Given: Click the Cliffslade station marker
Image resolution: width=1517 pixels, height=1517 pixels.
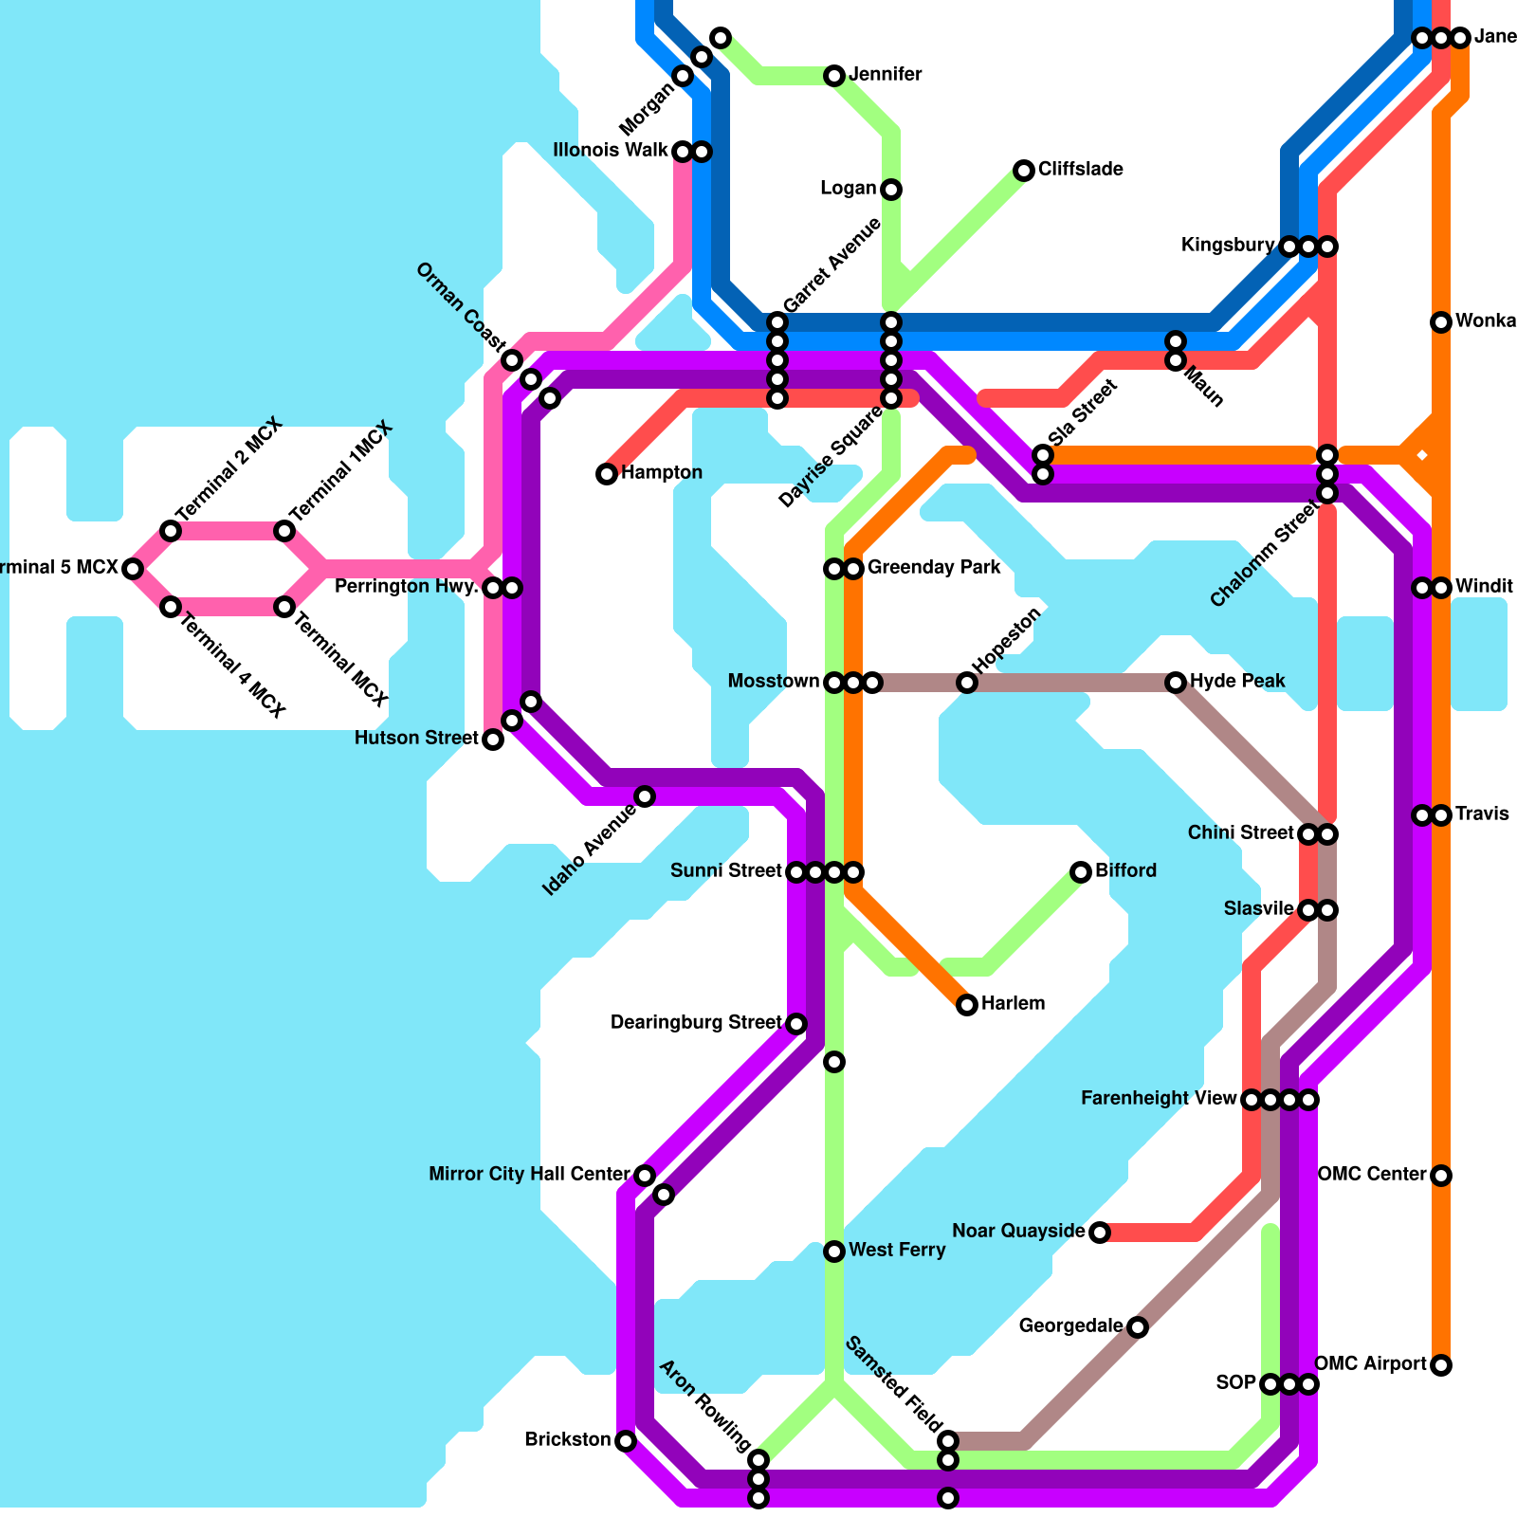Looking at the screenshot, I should pyautogui.click(x=1023, y=171).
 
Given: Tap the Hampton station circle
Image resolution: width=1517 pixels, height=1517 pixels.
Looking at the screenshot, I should pyautogui.click(x=607, y=474).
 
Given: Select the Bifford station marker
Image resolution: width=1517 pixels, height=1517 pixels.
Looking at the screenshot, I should pyautogui.click(x=1080, y=872).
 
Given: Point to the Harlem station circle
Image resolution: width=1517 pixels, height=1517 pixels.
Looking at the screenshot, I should pyautogui.click(x=966, y=1005).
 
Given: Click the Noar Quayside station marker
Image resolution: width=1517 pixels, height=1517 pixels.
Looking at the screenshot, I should pyautogui.click(x=1099, y=1233).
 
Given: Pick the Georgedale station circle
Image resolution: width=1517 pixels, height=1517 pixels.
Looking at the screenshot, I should pyautogui.click(x=1138, y=1327).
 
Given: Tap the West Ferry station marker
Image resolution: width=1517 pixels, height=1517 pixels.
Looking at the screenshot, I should pyautogui.click(x=834, y=1252).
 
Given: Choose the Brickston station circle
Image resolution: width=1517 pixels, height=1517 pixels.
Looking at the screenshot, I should pyautogui.click(x=626, y=1441).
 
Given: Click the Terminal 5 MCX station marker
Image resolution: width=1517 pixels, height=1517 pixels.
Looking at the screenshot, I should pyautogui.click(x=133, y=569).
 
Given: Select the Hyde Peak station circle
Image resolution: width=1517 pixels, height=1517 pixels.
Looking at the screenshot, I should pyautogui.click(x=1176, y=683).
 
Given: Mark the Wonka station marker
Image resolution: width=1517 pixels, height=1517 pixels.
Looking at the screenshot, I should pyautogui.click(x=1441, y=322).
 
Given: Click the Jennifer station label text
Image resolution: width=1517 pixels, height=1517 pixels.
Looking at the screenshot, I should pyautogui.click(x=886, y=75).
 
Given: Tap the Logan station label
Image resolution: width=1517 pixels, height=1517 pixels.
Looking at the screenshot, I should pyautogui.click(x=848, y=189).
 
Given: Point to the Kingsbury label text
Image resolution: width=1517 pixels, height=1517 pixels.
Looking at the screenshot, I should pyautogui.click(x=1227, y=246).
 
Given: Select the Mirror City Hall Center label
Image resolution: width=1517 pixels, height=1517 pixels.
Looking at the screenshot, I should pyautogui.click(x=529, y=1175).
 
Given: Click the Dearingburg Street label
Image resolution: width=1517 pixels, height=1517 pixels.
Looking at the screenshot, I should pyautogui.click(x=696, y=1023).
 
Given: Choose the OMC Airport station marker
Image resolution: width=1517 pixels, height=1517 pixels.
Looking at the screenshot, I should pyautogui.click(x=1441, y=1365).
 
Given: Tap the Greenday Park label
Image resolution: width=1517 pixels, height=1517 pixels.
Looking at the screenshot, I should pyautogui.click(x=934, y=568).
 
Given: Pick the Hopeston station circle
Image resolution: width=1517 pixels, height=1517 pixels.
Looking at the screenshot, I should pyautogui.click(x=966, y=683).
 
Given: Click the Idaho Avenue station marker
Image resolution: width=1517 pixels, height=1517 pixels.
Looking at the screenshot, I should pyautogui.click(x=645, y=796).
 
